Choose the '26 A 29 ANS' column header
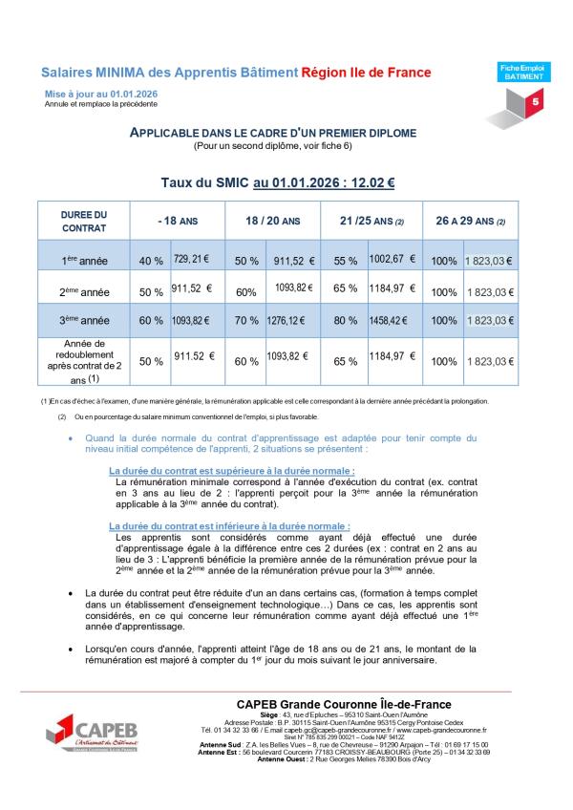[470, 221]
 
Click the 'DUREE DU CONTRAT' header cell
[84, 222]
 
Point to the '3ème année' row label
[84, 320]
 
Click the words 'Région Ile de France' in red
[366, 73]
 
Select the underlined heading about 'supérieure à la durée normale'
[232, 471]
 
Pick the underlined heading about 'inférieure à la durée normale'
[229, 526]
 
